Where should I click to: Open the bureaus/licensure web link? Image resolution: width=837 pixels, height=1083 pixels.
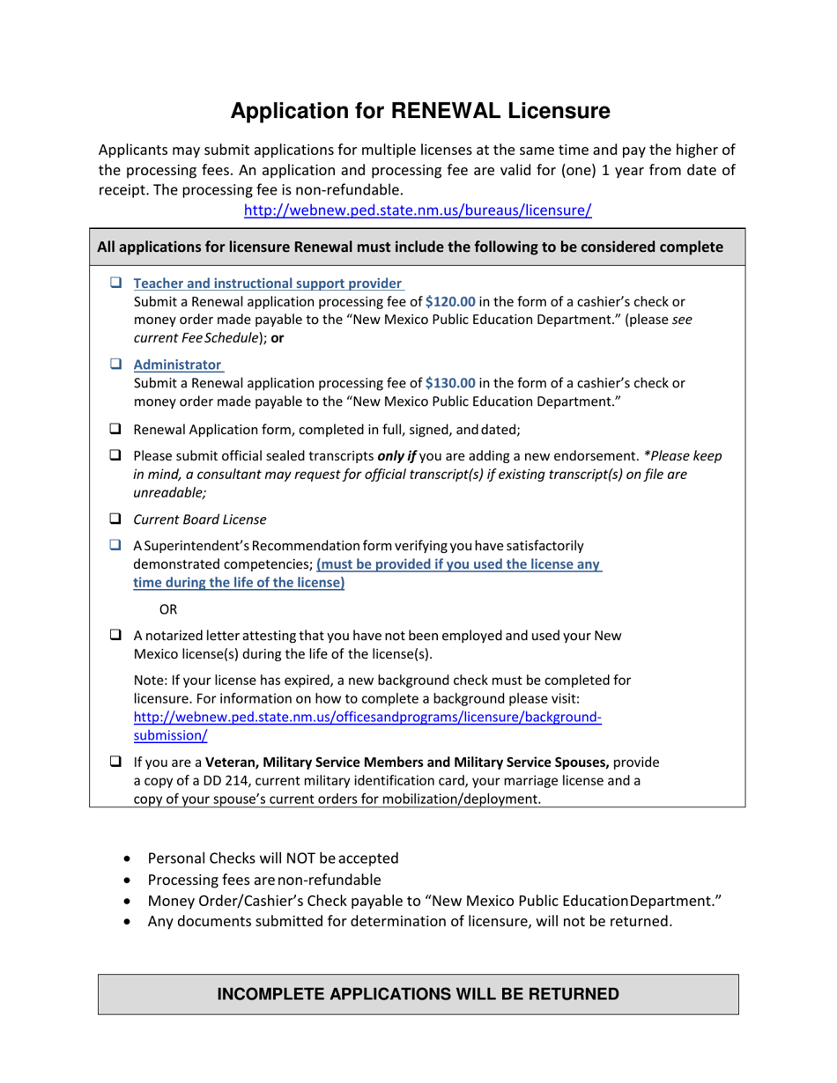click(418, 210)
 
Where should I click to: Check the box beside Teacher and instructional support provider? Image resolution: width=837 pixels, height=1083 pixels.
click(115, 283)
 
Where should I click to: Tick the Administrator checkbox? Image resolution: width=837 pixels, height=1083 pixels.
click(115, 364)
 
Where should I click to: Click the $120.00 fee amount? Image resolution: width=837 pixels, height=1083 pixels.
click(450, 302)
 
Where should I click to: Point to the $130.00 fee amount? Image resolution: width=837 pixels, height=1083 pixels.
click(450, 383)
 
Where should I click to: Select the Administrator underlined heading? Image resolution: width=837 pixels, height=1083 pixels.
click(177, 365)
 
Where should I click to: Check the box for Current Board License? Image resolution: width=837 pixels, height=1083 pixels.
click(115, 519)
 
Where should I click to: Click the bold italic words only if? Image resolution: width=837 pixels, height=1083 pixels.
click(396, 456)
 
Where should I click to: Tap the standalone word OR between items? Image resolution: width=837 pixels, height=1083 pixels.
click(168, 609)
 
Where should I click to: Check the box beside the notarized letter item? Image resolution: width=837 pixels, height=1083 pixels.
click(115, 635)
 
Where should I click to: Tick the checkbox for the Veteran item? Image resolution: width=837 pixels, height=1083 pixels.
click(115, 762)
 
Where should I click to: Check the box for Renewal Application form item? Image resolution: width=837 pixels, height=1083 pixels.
click(115, 429)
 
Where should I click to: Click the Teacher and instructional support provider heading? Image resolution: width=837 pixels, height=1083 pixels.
click(268, 284)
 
